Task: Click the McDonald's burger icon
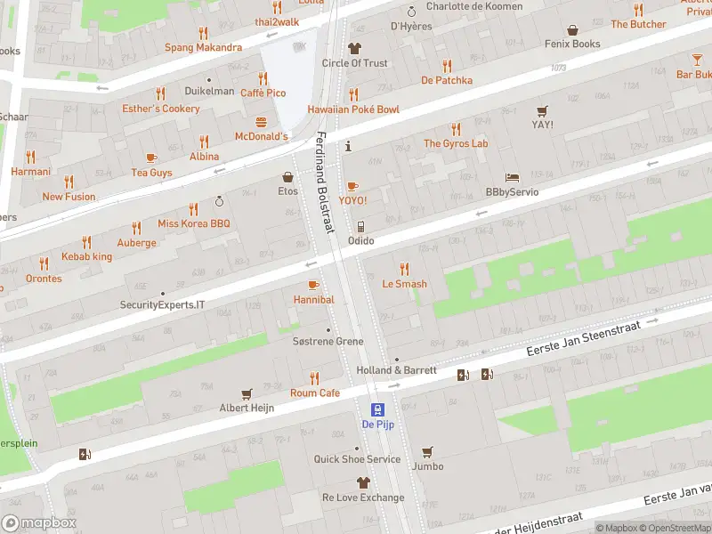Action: pos(262,121)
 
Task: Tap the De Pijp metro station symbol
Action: pos(378,409)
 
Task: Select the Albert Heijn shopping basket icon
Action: pos(247,392)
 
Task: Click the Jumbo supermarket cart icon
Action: pos(427,451)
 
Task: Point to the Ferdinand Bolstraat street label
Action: pos(325,182)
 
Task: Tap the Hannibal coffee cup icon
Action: pos(313,285)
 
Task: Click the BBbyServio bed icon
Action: pos(512,177)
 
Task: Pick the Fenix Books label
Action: pos(574,44)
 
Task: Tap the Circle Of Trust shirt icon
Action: pos(354,48)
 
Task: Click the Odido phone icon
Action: pos(360,227)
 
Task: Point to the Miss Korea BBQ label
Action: pos(193,223)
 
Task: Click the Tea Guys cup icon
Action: pos(151,158)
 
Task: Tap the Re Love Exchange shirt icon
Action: pos(362,482)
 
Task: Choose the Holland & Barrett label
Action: pos(396,370)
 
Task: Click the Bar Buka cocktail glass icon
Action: pos(697,60)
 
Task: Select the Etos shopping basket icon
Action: pos(287,177)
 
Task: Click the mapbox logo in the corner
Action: pos(39,523)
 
